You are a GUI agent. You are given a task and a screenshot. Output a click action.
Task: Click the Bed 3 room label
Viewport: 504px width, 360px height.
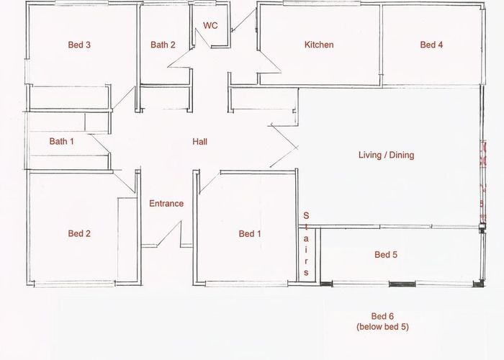(78, 45)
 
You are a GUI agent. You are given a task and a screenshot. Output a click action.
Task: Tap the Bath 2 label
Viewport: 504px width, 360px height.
(163, 45)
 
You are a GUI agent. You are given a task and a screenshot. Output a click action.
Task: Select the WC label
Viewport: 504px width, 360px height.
(210, 25)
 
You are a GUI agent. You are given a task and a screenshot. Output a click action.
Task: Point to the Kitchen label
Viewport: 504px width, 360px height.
(319, 45)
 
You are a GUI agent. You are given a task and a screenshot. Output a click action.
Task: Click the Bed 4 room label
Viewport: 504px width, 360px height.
(431, 45)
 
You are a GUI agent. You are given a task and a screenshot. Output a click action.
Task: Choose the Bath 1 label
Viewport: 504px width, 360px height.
(62, 141)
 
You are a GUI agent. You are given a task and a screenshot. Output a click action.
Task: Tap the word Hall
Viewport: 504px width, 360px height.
(199, 142)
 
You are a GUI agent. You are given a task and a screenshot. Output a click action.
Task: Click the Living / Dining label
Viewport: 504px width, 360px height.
(387, 155)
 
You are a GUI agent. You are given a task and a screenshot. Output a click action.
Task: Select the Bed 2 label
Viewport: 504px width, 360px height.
(78, 233)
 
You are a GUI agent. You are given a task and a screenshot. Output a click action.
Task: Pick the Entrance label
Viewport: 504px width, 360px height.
(166, 203)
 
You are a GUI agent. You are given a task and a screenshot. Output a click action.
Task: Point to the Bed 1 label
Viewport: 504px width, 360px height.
(251, 233)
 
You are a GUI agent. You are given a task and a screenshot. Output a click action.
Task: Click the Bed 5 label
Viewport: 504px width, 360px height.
(386, 254)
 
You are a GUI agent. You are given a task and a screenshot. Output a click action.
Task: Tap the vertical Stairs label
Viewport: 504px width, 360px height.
(306, 245)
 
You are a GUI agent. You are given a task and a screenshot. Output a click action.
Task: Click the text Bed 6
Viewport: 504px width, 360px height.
(382, 317)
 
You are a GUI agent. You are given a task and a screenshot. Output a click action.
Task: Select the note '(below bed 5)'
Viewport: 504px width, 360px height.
(382, 328)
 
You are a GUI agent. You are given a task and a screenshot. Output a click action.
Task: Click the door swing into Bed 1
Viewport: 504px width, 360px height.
(209, 181)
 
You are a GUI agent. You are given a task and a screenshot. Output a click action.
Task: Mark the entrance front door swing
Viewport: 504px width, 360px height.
(168, 234)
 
